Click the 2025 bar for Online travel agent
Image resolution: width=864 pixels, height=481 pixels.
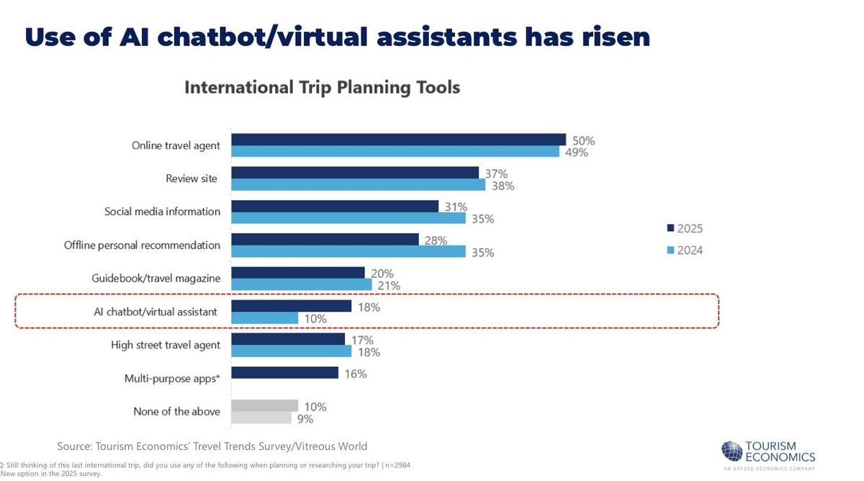[x=398, y=140]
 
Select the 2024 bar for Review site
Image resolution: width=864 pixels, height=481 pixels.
[x=358, y=185]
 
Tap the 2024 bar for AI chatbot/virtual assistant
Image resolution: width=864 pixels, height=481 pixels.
[x=264, y=318]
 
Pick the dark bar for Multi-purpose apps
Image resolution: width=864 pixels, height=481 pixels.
[x=284, y=372]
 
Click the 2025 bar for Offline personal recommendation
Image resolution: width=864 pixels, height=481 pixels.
[x=325, y=239]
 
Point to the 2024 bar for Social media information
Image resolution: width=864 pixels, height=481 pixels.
[x=348, y=218]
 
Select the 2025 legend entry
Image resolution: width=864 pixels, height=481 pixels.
[x=684, y=228]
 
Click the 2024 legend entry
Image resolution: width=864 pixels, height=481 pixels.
[x=684, y=251]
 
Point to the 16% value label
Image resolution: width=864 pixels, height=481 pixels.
[x=355, y=374]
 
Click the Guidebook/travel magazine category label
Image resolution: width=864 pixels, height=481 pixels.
[x=156, y=278]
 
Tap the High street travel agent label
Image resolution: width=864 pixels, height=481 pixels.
[x=166, y=345]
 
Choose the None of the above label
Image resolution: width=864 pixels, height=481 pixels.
[x=176, y=412]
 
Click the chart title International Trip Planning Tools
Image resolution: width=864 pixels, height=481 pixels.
[x=322, y=88]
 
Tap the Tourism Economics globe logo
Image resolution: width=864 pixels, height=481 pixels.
[x=732, y=451]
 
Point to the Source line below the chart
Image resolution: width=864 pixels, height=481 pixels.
[x=212, y=446]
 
